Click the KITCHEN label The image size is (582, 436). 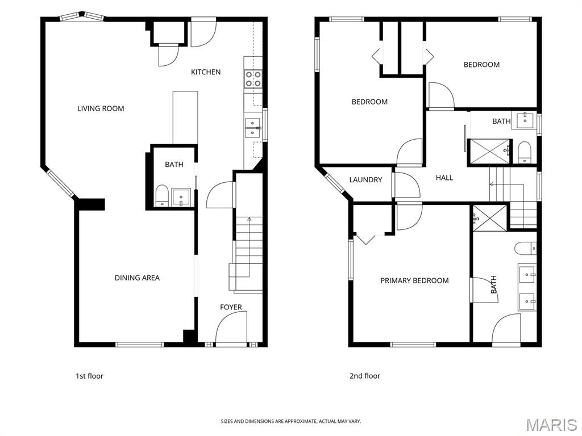point(205,72)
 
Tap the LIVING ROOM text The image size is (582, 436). point(101,108)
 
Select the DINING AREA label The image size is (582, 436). point(137,278)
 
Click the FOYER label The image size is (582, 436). point(231,307)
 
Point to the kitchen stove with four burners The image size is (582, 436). point(253,79)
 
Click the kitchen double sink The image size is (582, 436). point(252,128)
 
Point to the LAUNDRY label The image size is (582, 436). point(365,179)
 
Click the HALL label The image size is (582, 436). point(444,178)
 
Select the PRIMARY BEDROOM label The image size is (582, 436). point(414,280)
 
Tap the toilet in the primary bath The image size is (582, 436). point(525,248)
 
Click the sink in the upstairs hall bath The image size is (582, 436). point(523,120)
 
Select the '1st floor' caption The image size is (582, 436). point(90,376)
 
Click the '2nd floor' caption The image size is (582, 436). point(365,376)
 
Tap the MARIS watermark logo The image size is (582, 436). point(551,425)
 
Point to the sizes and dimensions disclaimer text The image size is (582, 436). point(290,421)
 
